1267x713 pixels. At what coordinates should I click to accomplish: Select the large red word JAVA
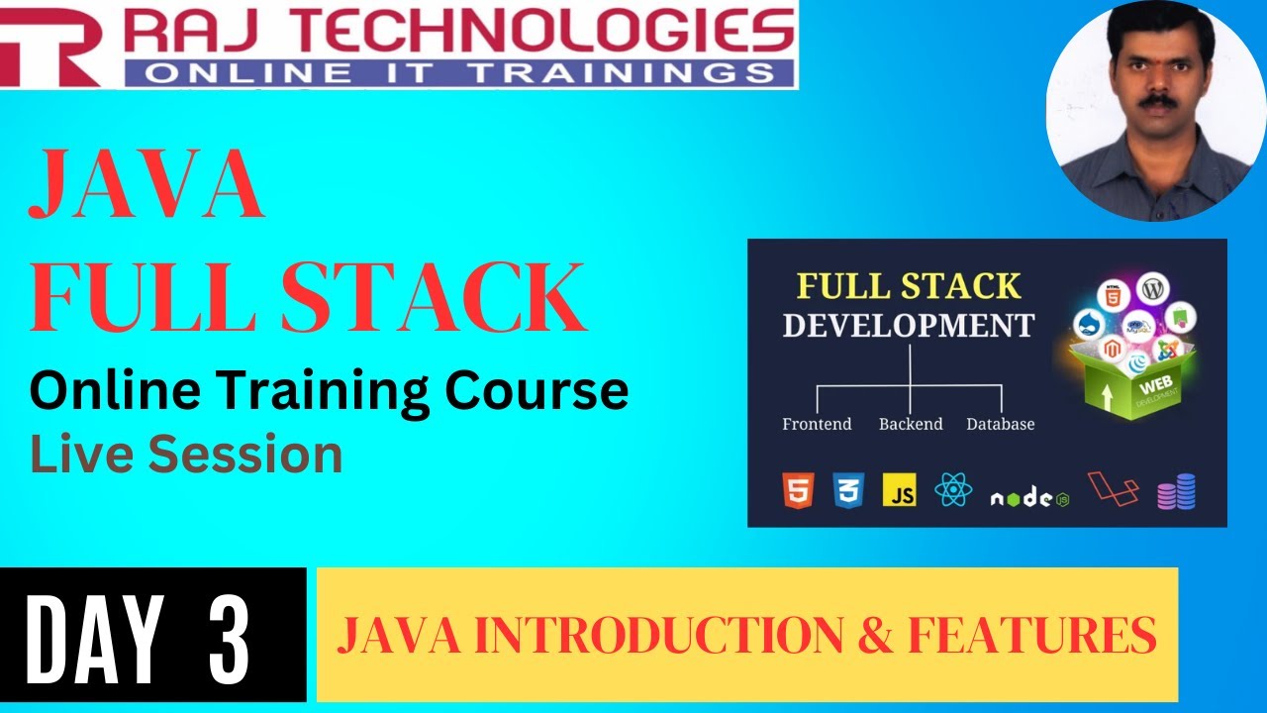click(146, 186)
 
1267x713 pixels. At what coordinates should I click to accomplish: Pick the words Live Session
click(186, 455)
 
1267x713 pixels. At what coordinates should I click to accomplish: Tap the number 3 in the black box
click(230, 636)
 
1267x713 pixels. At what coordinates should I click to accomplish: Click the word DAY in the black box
click(93, 636)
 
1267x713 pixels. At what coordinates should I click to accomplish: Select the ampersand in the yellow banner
click(874, 635)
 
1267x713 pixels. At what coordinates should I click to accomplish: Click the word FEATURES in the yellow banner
click(1032, 635)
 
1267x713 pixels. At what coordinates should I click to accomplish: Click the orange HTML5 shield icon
click(797, 490)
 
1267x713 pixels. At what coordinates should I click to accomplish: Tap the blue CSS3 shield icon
click(849, 490)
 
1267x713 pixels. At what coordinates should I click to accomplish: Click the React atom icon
click(953, 490)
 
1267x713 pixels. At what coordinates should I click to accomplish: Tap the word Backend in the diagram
click(910, 424)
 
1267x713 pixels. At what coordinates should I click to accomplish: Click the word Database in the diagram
click(1000, 424)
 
